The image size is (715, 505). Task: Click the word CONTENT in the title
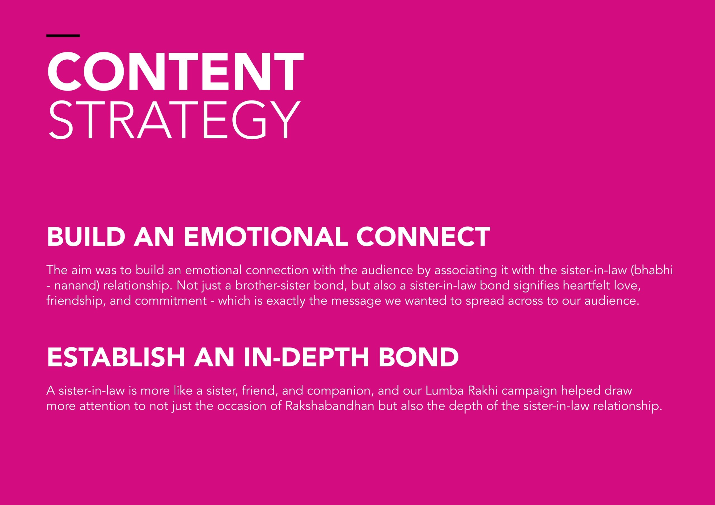(175, 72)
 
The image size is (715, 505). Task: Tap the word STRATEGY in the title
(174, 120)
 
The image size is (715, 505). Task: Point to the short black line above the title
(63, 36)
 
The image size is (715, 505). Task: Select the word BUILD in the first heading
(86, 237)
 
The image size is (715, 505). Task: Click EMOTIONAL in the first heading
(266, 237)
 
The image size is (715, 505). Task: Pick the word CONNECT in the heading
(423, 237)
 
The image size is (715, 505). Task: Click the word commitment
(171, 301)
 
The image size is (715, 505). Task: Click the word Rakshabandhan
(330, 406)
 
